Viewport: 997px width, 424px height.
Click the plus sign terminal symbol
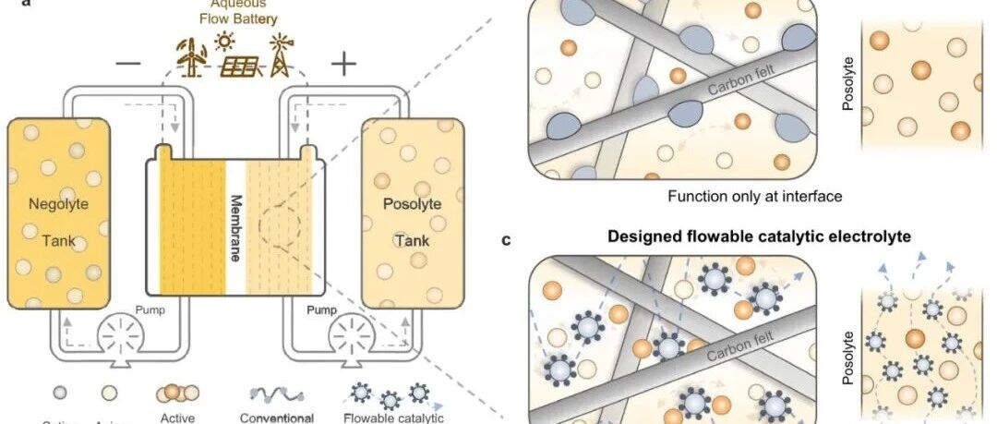coord(343,63)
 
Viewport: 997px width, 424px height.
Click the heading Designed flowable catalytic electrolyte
coord(759,236)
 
